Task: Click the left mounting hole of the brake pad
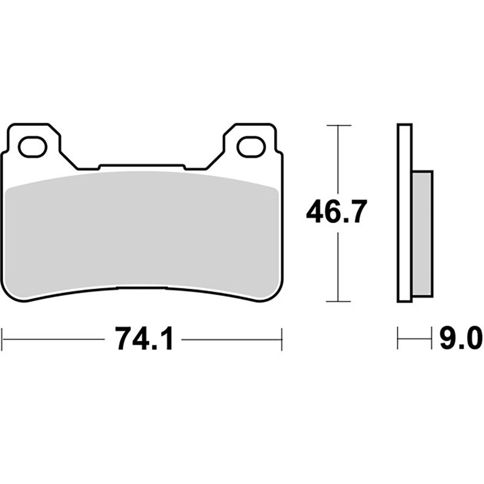[x=33, y=146]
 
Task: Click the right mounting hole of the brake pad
[x=250, y=146]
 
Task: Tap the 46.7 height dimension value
[x=336, y=212]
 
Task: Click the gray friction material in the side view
[x=422, y=234]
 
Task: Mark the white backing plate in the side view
[x=404, y=213]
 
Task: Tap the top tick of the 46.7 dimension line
[x=339, y=125]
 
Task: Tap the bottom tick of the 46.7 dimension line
[x=339, y=301]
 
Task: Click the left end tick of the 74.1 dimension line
[x=2, y=339]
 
